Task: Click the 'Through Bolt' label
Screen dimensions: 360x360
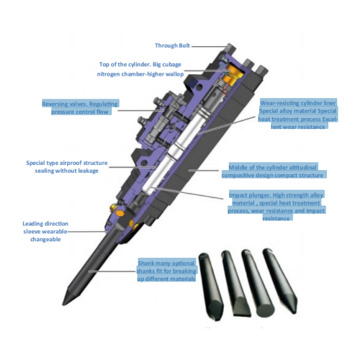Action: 172,45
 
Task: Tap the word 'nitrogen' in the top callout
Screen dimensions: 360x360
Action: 108,74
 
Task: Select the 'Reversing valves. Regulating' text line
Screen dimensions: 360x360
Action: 80,104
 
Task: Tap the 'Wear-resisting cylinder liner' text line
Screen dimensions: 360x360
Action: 298,103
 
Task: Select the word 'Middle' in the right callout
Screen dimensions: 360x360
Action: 237,167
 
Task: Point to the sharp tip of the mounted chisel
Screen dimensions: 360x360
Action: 63,305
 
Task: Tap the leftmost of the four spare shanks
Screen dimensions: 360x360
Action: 211,287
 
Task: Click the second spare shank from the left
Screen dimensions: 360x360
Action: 235,283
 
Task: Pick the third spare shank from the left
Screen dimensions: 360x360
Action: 257,283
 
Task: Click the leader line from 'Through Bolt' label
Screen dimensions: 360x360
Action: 210,46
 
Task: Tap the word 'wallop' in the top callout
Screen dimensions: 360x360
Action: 174,74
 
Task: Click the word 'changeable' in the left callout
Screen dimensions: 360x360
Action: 45,239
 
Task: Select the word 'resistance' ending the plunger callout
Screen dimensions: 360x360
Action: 276,218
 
